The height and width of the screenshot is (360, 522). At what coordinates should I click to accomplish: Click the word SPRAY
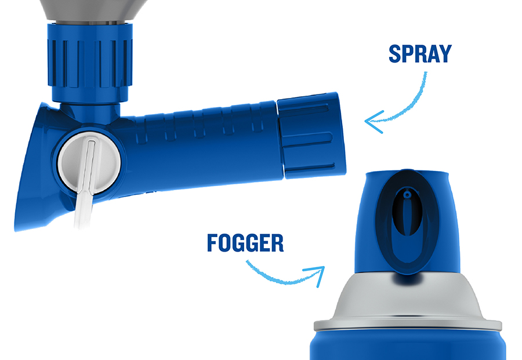click(419, 53)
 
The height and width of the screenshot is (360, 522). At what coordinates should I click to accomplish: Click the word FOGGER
click(245, 243)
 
